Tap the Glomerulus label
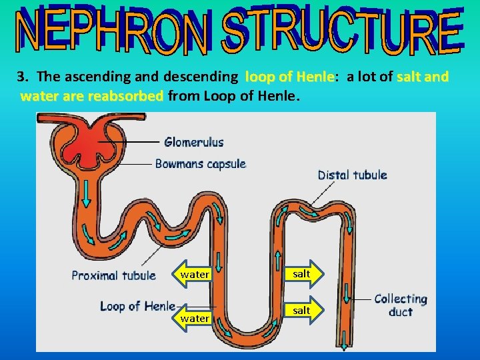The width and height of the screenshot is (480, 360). click(194, 142)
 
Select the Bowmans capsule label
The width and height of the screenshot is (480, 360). click(201, 164)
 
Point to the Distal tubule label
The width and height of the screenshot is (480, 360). click(352, 175)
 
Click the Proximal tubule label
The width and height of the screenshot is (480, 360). click(114, 275)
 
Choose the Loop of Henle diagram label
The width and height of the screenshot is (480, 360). click(137, 306)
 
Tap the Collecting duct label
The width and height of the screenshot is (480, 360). click(400, 305)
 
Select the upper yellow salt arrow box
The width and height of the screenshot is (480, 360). click(302, 274)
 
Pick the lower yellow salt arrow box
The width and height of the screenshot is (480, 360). click(302, 311)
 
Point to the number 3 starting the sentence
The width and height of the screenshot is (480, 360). click(21, 77)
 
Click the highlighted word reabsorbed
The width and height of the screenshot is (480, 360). click(125, 97)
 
